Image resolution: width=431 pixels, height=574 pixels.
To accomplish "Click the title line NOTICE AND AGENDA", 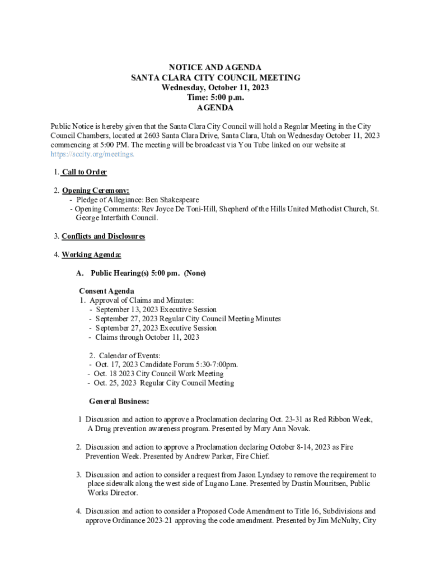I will tap(215, 68).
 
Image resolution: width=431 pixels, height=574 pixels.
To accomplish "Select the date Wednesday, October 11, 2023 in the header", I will tap(215, 87).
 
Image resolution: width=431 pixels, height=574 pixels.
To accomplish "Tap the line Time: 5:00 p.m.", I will tap(215, 98).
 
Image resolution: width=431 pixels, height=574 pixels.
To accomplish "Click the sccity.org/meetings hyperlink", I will tap(92, 154).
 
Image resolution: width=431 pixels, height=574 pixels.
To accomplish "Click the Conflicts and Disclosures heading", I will tap(103, 236).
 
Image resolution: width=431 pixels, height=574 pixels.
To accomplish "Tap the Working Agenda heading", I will tap(91, 254).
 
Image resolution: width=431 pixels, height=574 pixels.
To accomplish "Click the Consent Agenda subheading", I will tap(106, 291).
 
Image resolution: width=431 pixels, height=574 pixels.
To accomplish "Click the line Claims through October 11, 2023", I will tap(147, 337).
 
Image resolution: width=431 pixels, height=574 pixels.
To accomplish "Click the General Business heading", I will tap(119, 401).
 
